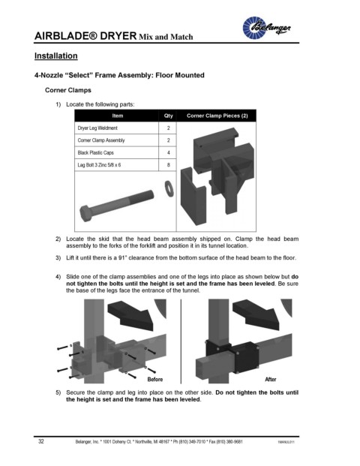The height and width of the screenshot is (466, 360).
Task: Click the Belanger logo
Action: [266, 28]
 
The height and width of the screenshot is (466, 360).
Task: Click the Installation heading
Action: [55, 56]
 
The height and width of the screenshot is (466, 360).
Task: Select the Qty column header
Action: [168, 116]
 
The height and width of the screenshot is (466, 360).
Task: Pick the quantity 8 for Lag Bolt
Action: [169, 165]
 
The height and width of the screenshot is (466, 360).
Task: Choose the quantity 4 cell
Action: [169, 153]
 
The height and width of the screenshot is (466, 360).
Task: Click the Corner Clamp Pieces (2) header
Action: [217, 116]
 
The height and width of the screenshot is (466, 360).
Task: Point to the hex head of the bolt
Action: [86, 213]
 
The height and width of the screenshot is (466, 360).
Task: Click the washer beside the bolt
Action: [169, 188]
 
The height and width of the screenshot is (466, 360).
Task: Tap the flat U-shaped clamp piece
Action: [193, 196]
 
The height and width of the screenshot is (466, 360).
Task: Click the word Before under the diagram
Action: [155, 380]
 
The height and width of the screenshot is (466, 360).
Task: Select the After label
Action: [271, 380]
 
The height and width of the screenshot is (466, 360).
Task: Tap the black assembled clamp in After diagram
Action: [232, 356]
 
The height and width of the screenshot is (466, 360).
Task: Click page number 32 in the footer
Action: [41, 441]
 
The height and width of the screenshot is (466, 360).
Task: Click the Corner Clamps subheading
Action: [68, 90]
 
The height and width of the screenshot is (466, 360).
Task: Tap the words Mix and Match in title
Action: [166, 38]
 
